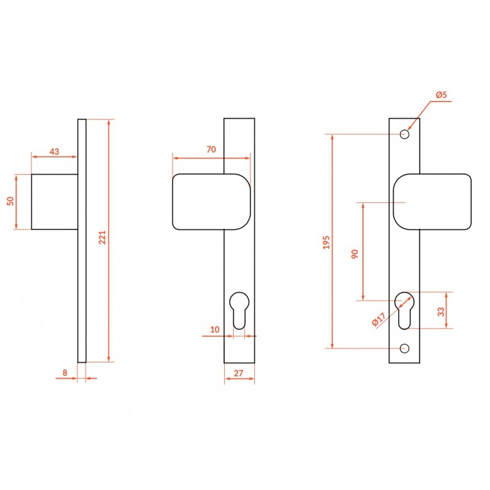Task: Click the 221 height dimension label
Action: click(x=102, y=237)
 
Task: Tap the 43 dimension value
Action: click(x=55, y=151)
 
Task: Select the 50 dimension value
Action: click(x=10, y=201)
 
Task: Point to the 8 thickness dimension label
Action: click(x=65, y=372)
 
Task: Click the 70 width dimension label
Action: click(x=211, y=149)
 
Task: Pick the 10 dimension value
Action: click(x=215, y=330)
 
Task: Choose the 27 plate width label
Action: click(x=238, y=373)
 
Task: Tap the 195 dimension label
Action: click(x=326, y=242)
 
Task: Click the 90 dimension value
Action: click(x=355, y=254)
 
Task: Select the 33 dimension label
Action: click(x=441, y=312)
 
